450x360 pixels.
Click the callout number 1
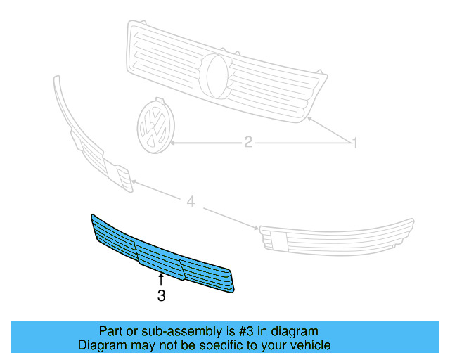click(x=355, y=143)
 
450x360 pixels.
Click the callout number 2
click(x=247, y=143)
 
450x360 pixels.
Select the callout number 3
click(x=161, y=297)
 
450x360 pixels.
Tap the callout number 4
click(x=191, y=202)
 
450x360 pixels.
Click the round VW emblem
click(x=154, y=126)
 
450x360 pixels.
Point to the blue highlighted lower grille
click(x=162, y=253)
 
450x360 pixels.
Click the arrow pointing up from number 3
click(x=161, y=279)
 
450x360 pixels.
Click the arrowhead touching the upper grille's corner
click(x=309, y=121)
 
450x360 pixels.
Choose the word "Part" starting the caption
click(x=111, y=330)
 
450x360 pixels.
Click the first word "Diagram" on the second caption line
click(x=101, y=345)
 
